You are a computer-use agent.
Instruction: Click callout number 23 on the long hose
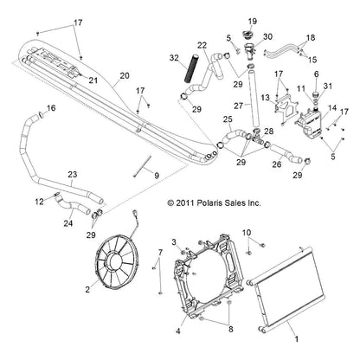pyautogui.click(x=73, y=175)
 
